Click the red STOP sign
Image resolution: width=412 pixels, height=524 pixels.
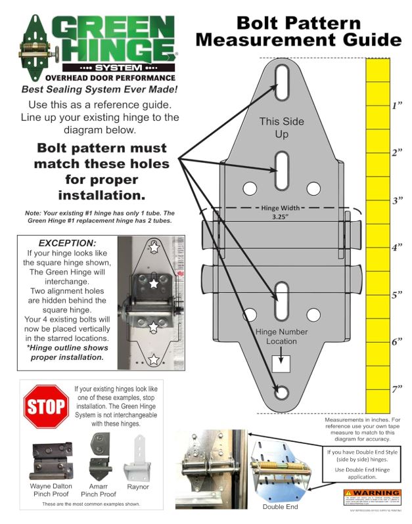[45, 407]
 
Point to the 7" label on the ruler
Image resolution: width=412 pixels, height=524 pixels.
[397, 389]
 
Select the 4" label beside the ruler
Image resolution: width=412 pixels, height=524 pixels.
[397, 248]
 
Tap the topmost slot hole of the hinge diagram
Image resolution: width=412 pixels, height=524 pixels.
[281, 83]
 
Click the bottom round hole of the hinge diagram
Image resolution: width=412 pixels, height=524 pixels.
[282, 393]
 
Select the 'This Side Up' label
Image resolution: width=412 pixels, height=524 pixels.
[281, 128]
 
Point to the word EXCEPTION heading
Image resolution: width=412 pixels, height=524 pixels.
[67, 243]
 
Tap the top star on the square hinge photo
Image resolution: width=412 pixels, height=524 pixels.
[154, 248]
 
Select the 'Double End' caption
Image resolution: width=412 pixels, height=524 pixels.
[281, 507]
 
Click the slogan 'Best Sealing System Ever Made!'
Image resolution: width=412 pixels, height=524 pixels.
[99, 89]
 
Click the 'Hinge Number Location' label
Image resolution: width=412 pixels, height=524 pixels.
[282, 336]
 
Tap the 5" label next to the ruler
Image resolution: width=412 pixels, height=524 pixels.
[397, 295]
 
